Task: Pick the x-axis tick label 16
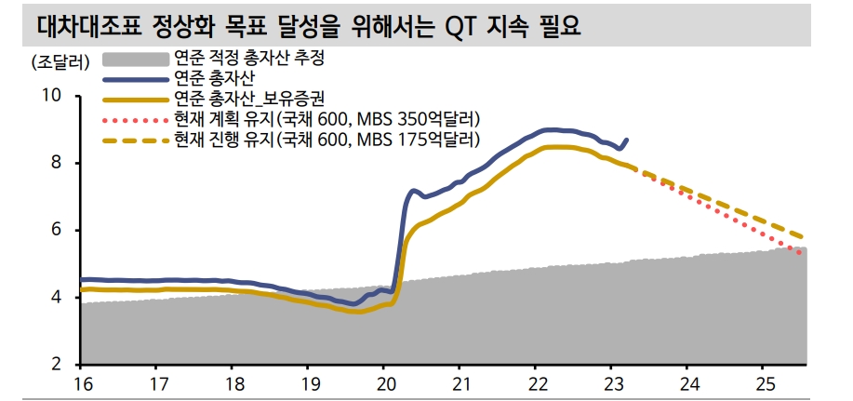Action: [x=82, y=383]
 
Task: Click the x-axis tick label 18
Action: [x=233, y=383]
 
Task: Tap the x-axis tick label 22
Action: [x=537, y=383]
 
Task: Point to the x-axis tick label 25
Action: [x=765, y=383]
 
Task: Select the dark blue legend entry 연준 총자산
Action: [x=215, y=79]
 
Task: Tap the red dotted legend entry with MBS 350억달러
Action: [x=327, y=119]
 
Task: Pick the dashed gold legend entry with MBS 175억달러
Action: [x=327, y=140]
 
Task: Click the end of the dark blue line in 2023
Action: [x=627, y=140]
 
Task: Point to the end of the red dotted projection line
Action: [x=801, y=252]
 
